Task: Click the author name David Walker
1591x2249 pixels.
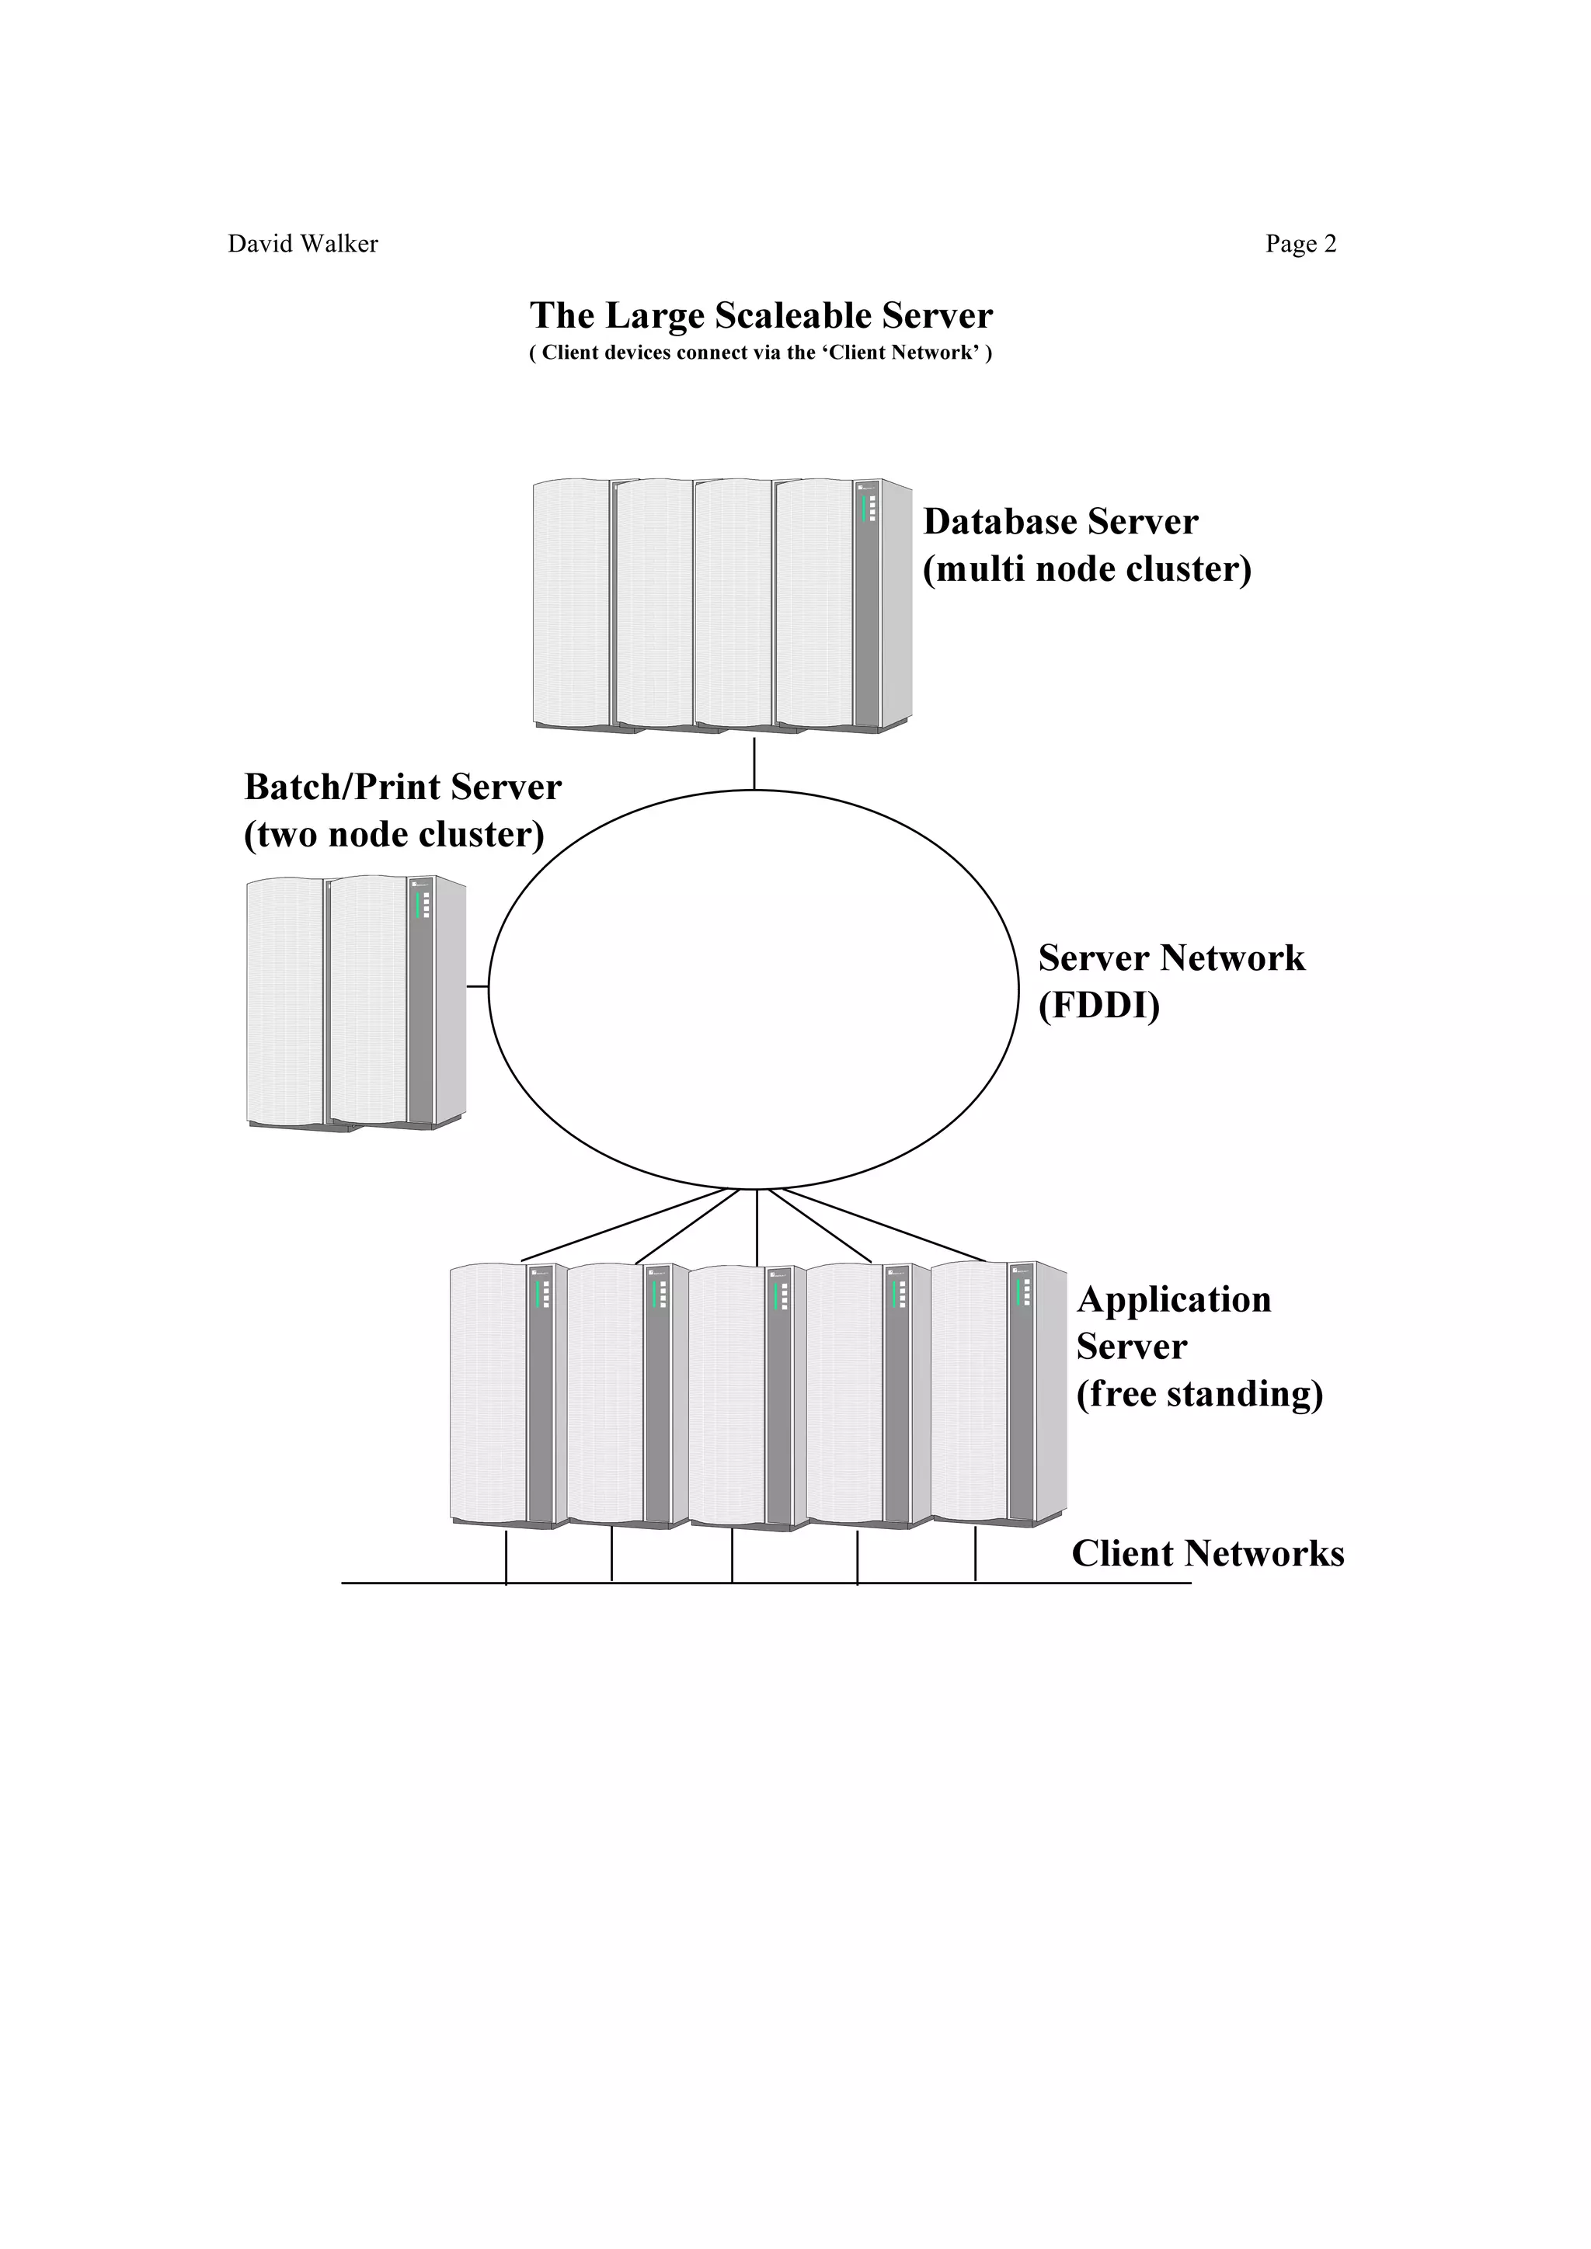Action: coord(303,244)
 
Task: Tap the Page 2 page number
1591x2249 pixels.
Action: coord(1300,244)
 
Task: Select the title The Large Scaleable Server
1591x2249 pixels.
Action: coord(761,315)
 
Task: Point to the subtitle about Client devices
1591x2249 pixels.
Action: coord(761,353)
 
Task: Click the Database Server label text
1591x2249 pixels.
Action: coord(1060,522)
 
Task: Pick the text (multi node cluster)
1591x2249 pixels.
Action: coord(1087,569)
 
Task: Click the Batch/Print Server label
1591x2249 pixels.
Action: coord(402,787)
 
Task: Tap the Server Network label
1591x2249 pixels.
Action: coord(1171,958)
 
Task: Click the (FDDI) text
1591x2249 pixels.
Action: coord(1098,1006)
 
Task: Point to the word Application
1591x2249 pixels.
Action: coord(1174,1300)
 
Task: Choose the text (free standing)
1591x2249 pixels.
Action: coord(1199,1394)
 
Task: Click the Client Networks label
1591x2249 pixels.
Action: coord(1207,1553)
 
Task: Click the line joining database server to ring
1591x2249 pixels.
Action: coord(754,764)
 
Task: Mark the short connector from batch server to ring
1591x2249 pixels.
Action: coord(477,986)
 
